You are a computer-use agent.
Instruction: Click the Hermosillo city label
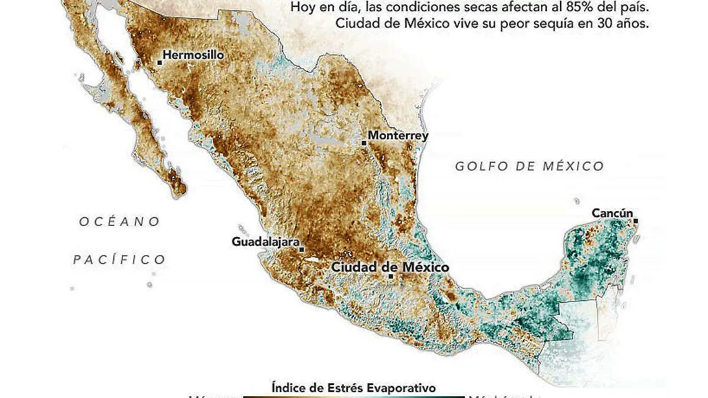click(193, 55)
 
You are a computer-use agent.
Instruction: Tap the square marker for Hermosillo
click(159, 61)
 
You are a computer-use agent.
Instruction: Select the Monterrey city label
click(398, 136)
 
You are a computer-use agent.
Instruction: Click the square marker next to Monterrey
click(364, 142)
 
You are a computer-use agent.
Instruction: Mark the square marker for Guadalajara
click(301, 249)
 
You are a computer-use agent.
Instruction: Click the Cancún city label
click(612, 213)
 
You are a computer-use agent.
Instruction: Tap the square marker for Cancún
click(635, 221)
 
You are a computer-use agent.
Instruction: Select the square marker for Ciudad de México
click(391, 275)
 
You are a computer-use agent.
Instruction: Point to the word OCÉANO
click(120, 222)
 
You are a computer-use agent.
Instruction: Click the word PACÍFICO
click(119, 259)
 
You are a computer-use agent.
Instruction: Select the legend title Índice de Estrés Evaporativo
click(353, 387)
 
